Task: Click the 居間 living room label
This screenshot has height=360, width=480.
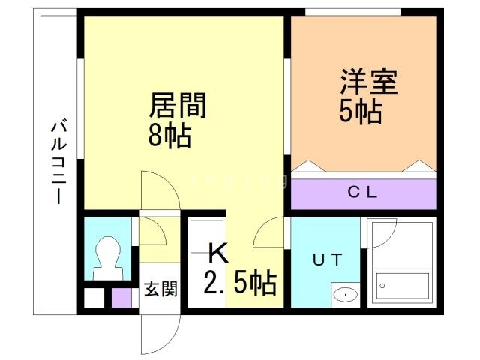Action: pyautogui.click(x=178, y=106)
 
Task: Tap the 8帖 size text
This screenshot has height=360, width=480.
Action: pyautogui.click(x=170, y=136)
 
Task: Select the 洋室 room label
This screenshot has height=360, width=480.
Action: pyautogui.click(x=369, y=82)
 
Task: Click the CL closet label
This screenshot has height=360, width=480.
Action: pyautogui.click(x=362, y=193)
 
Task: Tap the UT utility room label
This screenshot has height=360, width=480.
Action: pyautogui.click(x=327, y=260)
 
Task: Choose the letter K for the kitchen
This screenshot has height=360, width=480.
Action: pyautogui.click(x=218, y=253)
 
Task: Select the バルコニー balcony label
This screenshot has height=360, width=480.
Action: pyautogui.click(x=58, y=163)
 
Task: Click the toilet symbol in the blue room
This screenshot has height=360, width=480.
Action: pyautogui.click(x=108, y=258)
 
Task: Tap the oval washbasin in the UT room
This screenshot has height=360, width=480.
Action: pyautogui.click(x=346, y=295)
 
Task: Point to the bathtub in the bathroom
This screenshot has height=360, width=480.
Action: pyautogui.click(x=403, y=286)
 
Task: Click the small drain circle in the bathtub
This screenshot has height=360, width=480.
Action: pyautogui.click(x=382, y=286)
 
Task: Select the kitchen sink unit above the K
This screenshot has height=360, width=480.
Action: pyautogui.click(x=207, y=235)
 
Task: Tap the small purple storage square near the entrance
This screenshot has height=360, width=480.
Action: pyautogui.click(x=121, y=298)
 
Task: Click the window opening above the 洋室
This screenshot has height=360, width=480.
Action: pyautogui.click(x=353, y=12)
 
